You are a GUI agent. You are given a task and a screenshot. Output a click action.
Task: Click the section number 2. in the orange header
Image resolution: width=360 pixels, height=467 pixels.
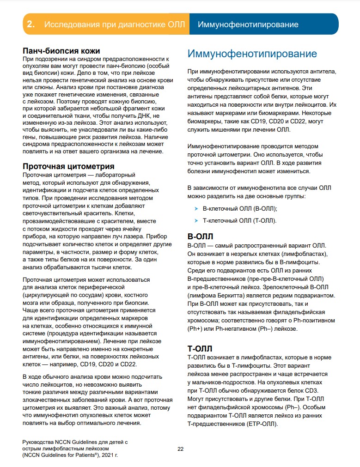31,24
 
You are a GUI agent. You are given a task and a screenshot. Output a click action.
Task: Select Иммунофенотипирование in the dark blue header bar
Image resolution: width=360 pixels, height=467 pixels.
248,24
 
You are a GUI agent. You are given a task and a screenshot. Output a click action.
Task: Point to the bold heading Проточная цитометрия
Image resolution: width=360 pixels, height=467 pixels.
69,166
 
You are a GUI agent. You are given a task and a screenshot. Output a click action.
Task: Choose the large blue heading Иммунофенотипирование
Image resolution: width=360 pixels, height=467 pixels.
252,54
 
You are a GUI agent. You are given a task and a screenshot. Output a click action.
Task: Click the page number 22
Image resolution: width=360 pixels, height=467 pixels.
181,449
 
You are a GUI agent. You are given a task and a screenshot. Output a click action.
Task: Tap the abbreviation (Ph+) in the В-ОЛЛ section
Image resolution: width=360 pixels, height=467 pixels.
196,328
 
